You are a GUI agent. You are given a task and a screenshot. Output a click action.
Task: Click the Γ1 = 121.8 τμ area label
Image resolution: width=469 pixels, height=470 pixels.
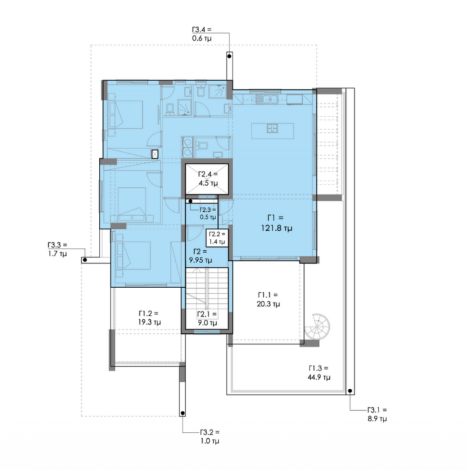[x=276, y=223]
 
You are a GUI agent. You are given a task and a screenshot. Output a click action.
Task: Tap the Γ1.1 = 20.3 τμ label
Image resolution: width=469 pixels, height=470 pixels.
[x=268, y=300]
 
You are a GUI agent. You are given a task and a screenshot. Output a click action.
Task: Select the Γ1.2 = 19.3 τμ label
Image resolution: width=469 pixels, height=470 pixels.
[x=150, y=318]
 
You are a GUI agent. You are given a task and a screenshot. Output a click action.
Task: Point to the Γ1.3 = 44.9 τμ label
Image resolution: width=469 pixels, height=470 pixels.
[x=319, y=372]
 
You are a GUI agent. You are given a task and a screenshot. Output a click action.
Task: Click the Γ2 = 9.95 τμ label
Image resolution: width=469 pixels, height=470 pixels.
[x=200, y=256]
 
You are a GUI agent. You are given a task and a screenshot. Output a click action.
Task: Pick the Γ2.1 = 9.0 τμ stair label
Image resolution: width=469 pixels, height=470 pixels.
[x=207, y=319]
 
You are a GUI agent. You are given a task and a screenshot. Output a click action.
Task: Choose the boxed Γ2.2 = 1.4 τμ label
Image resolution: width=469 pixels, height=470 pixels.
[x=217, y=237]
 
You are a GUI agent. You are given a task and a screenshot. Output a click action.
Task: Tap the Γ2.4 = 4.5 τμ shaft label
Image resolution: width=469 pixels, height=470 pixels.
[x=208, y=179]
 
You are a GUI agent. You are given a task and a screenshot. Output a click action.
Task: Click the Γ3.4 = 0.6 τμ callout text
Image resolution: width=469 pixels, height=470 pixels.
[x=202, y=34]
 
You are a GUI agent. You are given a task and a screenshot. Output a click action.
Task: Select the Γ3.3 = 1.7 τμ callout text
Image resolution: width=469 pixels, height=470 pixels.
[x=57, y=249]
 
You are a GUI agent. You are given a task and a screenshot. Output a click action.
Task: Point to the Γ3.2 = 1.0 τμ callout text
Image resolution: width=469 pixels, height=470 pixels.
[x=210, y=436]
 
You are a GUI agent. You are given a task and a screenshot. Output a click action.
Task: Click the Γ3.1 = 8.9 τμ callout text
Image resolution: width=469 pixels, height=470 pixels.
[x=377, y=414]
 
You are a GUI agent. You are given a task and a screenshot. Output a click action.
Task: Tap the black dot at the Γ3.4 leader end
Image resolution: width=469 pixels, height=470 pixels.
[x=230, y=56]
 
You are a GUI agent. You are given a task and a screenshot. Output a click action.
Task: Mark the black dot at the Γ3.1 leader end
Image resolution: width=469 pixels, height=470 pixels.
[x=350, y=391]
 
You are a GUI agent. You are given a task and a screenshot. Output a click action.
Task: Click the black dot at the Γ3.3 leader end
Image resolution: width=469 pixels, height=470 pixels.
[x=85, y=260]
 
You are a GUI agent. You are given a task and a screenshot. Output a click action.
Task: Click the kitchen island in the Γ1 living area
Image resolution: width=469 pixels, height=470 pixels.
[x=272, y=131]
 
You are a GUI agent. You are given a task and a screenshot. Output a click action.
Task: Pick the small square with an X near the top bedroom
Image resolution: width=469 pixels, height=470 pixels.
[x=155, y=154]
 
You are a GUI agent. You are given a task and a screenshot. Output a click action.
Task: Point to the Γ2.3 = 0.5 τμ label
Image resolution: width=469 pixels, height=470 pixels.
[x=208, y=213]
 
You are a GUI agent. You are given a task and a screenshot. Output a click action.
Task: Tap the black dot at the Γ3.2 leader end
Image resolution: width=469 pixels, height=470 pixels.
[x=183, y=414]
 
